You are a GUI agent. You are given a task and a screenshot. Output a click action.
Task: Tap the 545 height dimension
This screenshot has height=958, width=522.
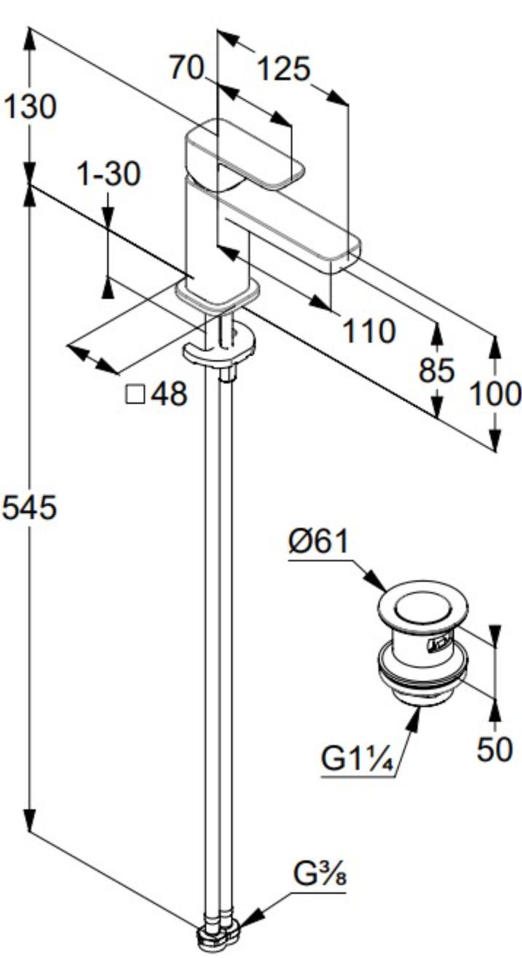pos(29,507)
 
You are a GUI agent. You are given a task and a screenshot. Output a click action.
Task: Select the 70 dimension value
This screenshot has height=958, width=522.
pos(186,68)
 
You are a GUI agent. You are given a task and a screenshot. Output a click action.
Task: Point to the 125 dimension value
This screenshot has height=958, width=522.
pos(284,69)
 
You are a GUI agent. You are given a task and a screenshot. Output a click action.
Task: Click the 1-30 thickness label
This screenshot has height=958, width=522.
pos(109,174)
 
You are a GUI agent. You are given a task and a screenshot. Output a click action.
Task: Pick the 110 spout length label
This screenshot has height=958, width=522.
pos(370,331)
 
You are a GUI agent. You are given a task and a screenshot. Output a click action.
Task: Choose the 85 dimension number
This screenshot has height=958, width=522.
pos(436,370)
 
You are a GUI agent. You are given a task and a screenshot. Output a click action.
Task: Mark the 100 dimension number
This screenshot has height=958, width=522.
pos(495,394)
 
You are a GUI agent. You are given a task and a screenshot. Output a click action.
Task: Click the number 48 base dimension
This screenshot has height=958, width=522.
pos(169,394)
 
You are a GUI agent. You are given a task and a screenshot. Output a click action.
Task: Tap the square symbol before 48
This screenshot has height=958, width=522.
pos(136,394)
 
